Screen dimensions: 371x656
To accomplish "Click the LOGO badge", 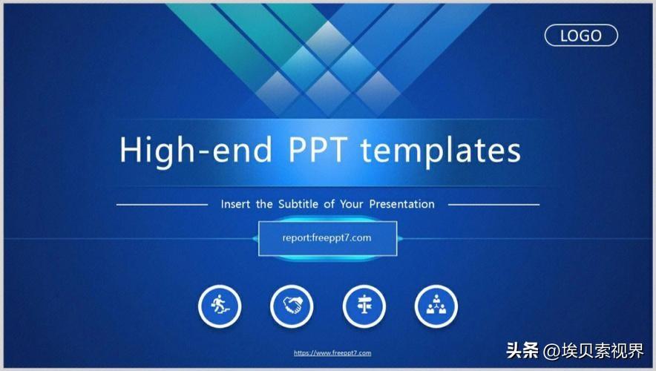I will pyautogui.click(x=581, y=35).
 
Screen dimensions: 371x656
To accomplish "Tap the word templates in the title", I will pyautogui.click(x=441, y=151).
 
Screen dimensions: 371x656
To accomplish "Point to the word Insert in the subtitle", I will pyautogui.click(x=235, y=204).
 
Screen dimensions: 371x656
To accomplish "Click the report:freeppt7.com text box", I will pyautogui.click(x=327, y=238).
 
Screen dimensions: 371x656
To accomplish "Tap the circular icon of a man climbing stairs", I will pyautogui.click(x=220, y=306).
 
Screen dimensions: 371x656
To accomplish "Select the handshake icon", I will pyautogui.click(x=292, y=306).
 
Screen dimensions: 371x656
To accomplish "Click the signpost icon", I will pyautogui.click(x=364, y=306).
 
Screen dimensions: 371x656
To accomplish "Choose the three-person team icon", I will pyautogui.click(x=436, y=306).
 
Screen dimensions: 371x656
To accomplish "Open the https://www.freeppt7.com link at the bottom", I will pyautogui.click(x=332, y=353).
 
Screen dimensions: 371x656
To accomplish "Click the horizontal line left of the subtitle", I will pyautogui.click(x=163, y=204).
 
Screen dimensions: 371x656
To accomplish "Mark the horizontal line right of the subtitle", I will pyautogui.click(x=493, y=204).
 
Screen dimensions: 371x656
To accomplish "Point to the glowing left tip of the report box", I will pyautogui.click(x=255, y=238).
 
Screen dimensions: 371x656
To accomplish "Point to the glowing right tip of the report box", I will pyautogui.click(x=400, y=238).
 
